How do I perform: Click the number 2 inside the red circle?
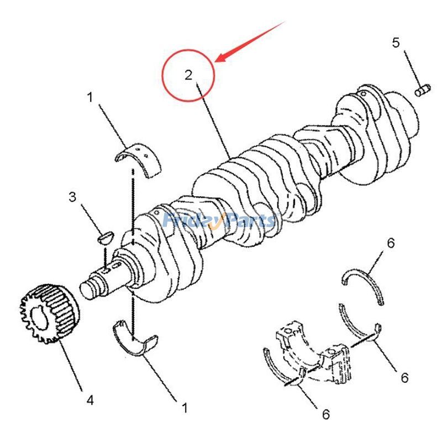[189, 75]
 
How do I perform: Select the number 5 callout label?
[396, 43]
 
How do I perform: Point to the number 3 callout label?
[72, 197]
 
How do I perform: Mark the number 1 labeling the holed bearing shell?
[89, 98]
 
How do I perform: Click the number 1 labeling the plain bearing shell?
[185, 408]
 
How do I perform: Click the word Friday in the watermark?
[191, 220]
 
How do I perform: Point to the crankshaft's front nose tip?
[87, 288]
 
